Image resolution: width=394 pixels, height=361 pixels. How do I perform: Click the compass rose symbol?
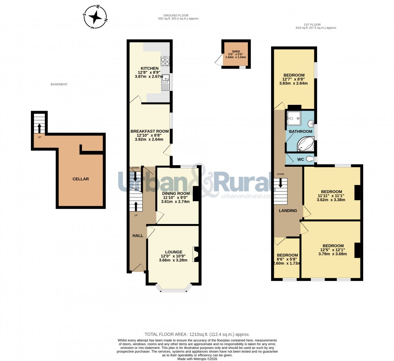pos(95,17)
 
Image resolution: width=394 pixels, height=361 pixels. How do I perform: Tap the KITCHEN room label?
pos(149,68)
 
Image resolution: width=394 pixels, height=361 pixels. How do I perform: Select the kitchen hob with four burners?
pos(165,61)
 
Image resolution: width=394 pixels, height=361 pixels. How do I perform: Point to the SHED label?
pos(236,51)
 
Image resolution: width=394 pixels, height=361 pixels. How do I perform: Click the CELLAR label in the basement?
pos(81,179)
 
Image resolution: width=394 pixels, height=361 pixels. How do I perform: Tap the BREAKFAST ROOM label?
pos(149,131)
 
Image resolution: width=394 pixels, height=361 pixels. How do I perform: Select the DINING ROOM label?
pos(176,193)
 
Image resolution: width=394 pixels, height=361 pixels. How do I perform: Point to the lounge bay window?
pos(173,289)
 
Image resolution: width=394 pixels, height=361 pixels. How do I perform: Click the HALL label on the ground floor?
pos(138,236)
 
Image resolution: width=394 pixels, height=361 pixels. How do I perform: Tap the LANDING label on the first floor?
pos(288,210)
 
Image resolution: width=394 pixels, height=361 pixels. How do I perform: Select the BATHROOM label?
pos(301,132)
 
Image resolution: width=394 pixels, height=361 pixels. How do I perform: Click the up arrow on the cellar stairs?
pos(39,127)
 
